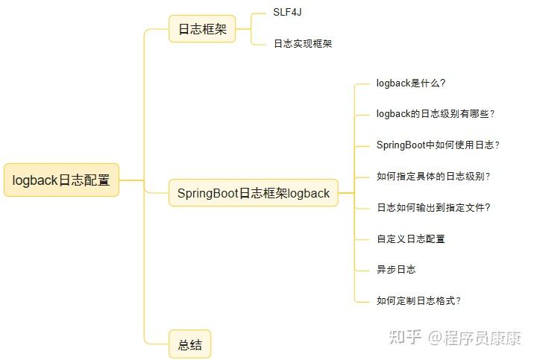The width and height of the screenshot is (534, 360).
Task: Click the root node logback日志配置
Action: pyautogui.click(x=61, y=180)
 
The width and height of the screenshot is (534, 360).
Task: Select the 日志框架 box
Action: pyautogui.click(x=201, y=30)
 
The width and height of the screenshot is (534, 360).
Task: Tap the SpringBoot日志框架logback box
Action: pyautogui.click(x=253, y=193)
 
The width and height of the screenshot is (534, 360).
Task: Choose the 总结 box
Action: pyautogui.click(x=189, y=345)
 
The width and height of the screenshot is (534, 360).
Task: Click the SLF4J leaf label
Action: pyautogui.click(x=287, y=13)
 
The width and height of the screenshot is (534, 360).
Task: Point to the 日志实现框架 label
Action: pyautogui.click(x=302, y=44)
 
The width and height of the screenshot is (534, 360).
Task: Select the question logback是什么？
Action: pyautogui.click(x=411, y=83)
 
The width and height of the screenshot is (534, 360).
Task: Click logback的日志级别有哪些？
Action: pyautogui.click(x=436, y=114)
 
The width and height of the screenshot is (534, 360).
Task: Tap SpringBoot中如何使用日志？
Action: pyautogui.click(x=438, y=145)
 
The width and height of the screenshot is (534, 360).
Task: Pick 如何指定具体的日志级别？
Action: pyautogui.click(x=433, y=177)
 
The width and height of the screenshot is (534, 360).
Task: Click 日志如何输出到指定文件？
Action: pyautogui.click(x=433, y=208)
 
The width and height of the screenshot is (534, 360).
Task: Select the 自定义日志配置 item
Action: pyautogui.click(x=411, y=239)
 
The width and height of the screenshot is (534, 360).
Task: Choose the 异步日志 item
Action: pyautogui.click(x=396, y=270)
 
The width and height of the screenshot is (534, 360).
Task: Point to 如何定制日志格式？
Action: pyautogui.click(x=418, y=301)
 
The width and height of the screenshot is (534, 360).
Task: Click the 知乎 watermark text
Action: pyautogui.click(x=403, y=338)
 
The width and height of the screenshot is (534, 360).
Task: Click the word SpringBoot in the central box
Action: pyautogui.click(x=207, y=193)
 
